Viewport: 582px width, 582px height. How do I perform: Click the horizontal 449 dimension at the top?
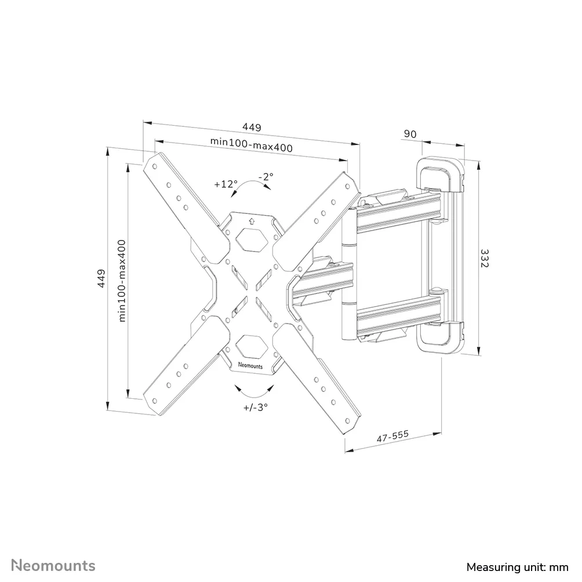coord(252,127)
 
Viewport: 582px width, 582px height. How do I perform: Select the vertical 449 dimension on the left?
coord(101,278)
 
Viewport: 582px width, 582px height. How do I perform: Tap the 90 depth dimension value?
coord(410,134)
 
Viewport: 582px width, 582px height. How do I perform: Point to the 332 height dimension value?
coord(485,258)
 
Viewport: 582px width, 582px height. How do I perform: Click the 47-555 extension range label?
coord(392,436)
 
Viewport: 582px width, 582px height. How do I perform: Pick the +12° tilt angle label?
coord(225,184)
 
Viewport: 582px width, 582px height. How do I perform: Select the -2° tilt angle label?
coord(265,176)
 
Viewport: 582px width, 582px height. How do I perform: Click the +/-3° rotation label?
coord(256,407)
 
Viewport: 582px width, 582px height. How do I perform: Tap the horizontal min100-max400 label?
coord(252,144)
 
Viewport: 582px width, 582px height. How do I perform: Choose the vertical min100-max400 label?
coord(122,281)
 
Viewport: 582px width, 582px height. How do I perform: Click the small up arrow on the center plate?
coord(251,221)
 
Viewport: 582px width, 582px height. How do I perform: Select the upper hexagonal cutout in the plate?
coord(252,239)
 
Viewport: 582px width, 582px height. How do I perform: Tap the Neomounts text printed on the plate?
coord(250,366)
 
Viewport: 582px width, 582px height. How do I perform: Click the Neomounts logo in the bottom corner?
coord(53,566)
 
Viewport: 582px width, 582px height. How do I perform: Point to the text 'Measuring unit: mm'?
coord(518,567)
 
